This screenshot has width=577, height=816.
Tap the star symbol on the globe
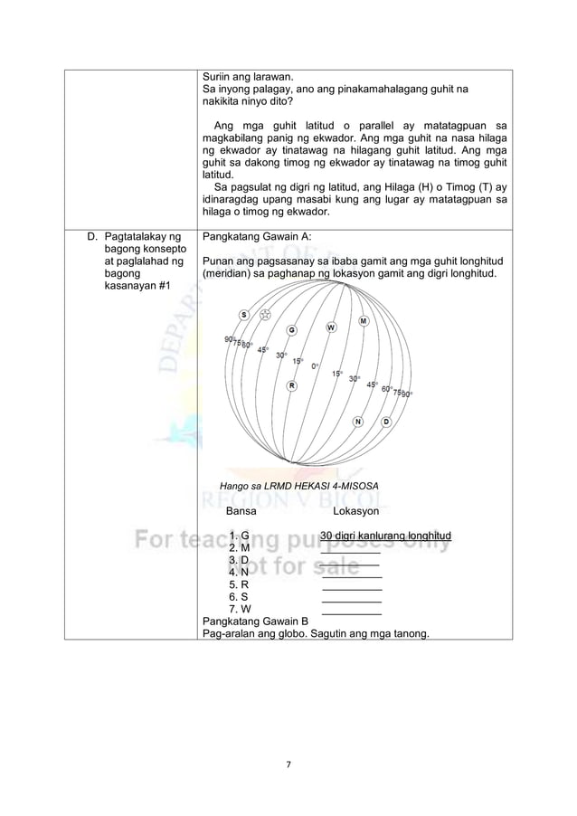coord(265,315)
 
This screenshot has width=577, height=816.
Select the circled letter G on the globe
coord(292,329)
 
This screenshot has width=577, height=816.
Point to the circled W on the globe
coord(331,327)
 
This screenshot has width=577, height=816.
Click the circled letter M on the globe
coord(364,321)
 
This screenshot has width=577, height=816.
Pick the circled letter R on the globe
coord(291,386)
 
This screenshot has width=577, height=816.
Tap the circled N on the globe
coord(358,422)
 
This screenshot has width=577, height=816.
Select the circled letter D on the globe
coord(386,422)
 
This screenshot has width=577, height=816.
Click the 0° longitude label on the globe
coord(314,366)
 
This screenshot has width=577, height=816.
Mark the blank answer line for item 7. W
coord(352,609)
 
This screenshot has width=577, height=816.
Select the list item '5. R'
coord(240,584)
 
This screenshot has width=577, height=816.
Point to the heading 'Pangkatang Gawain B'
coord(255,621)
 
